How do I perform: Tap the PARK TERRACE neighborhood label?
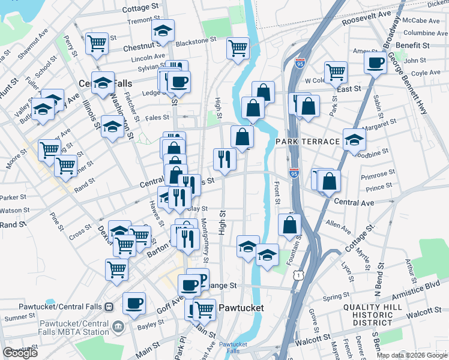pyautogui.click(x=308, y=141)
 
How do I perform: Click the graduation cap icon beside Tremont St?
pyautogui.click(x=162, y=32)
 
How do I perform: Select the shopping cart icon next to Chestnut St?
pyautogui.click(x=96, y=43)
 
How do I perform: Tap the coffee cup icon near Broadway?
pyautogui.click(x=376, y=62)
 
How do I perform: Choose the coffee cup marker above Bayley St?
pyautogui.click(x=134, y=302)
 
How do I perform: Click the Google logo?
pyautogui.click(x=20, y=353)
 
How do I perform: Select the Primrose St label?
pyautogui.click(x=378, y=176)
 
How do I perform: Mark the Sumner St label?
pyautogui.click(x=17, y=317)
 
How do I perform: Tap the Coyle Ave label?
pyautogui.click(x=426, y=73)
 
